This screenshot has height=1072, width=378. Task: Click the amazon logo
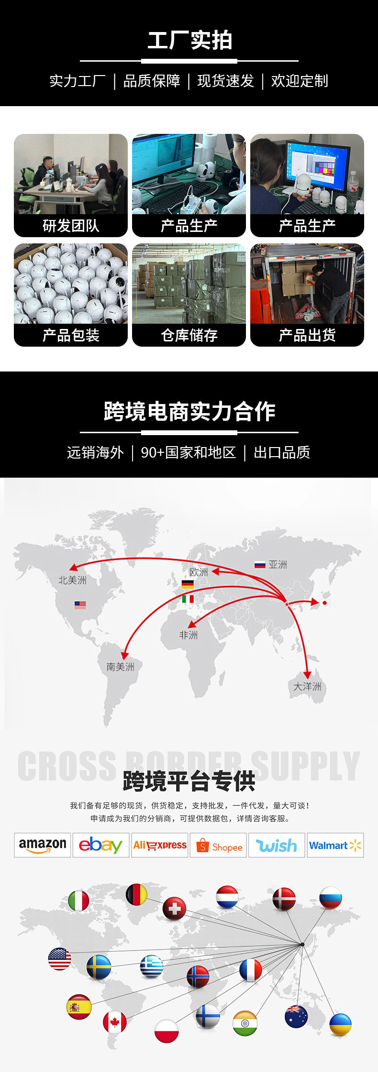tap(43, 845)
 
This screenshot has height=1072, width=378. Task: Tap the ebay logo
tap(101, 845)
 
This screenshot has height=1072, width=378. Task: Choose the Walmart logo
tap(335, 845)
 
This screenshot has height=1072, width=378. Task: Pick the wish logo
tap(277, 845)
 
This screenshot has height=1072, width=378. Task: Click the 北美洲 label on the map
tap(72, 580)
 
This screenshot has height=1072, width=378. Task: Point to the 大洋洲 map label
tap(307, 687)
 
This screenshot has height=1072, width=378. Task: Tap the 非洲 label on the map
tap(188, 635)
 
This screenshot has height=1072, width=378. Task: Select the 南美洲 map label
tap(120, 667)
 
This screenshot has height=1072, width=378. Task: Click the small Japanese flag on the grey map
tap(324, 602)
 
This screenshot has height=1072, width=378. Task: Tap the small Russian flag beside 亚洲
tap(260, 565)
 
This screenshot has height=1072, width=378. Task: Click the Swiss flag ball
tap(174, 908)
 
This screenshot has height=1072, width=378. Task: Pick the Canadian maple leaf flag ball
tap(115, 1022)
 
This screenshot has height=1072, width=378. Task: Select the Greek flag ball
tap(151, 966)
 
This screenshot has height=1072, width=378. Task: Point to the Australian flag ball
tap(296, 1016)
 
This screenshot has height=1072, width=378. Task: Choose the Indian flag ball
tap(245, 1023)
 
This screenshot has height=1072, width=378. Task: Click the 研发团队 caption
tap(71, 226)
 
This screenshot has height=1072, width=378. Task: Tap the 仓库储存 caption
tap(189, 335)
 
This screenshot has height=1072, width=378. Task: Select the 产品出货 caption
tap(307, 335)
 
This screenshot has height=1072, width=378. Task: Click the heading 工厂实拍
tap(189, 40)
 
